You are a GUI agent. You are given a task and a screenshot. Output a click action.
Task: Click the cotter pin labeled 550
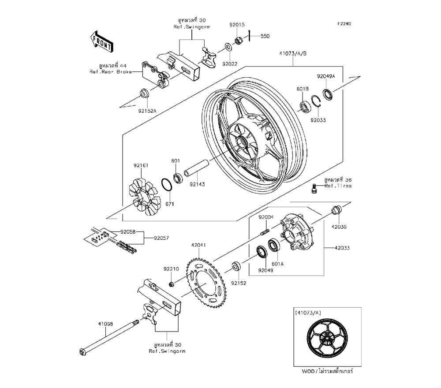click(250, 36)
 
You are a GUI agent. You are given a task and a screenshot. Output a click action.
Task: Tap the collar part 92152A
click(143, 93)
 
